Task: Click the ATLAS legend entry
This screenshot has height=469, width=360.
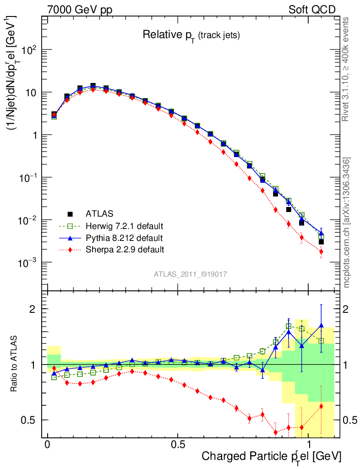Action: [x=100, y=213]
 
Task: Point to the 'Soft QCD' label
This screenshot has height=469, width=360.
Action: [x=311, y=10]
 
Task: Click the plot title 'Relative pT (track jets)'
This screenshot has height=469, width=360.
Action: [x=191, y=35]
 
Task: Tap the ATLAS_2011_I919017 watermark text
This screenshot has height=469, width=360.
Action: [x=191, y=274]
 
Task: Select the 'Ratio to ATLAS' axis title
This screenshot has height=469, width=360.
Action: [x=15, y=364]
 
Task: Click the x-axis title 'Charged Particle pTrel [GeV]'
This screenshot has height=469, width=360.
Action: [x=271, y=457]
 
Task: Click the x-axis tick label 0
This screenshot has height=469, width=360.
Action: [x=47, y=445]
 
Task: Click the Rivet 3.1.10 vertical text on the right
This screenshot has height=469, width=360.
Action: [x=346, y=69]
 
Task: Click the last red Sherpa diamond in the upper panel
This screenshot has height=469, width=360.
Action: [x=321, y=251]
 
